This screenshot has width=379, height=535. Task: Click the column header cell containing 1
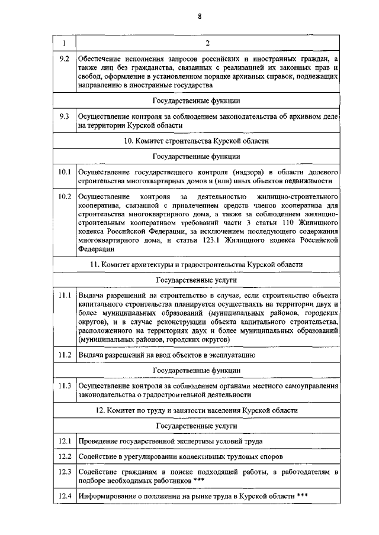point(64,44)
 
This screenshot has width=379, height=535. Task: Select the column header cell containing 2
point(207,44)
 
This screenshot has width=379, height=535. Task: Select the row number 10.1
point(65,171)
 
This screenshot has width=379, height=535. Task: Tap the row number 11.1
point(65,294)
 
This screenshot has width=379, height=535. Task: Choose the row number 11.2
point(65,355)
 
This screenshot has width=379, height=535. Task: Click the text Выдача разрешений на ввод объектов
point(166,355)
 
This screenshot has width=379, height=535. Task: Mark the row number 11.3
point(65,385)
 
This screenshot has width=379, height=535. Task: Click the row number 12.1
point(65,441)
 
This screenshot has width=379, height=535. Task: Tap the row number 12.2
point(65,456)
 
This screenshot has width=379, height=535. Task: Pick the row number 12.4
point(65,496)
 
